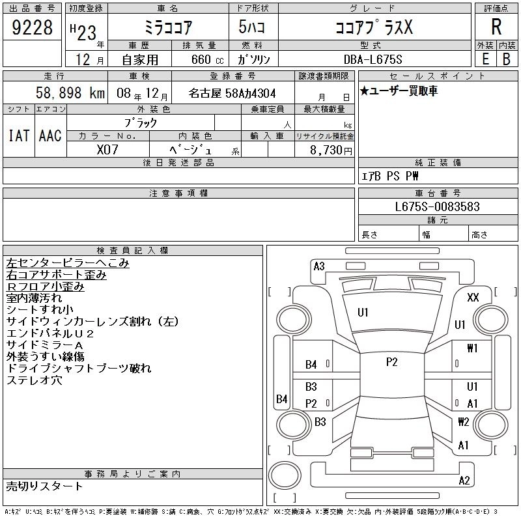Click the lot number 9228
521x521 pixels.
tap(32, 27)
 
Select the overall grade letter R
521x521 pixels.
tap(496, 27)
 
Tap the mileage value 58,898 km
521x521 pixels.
tap(70, 92)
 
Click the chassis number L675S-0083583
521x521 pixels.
tap(437, 206)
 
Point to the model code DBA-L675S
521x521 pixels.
tap(373, 59)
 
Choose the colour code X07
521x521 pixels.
tap(107, 150)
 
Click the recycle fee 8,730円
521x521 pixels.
tap(331, 150)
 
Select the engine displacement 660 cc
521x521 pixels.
tap(207, 59)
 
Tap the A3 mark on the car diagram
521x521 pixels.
tap(319, 266)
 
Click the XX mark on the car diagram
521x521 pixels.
tap(473, 297)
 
